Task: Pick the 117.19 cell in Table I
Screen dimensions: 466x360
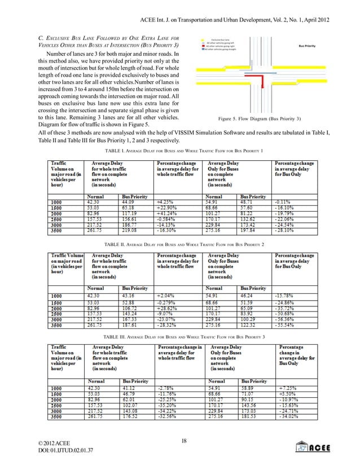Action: tap(128, 214)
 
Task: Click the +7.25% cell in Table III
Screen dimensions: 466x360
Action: tap(288, 388)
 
